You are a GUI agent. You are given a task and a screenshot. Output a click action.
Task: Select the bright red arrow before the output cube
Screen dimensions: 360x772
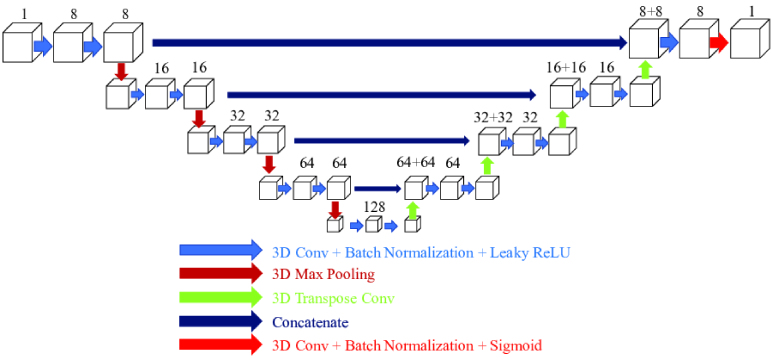tap(718, 43)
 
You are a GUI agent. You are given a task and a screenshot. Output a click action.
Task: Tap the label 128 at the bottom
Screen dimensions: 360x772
tap(375, 206)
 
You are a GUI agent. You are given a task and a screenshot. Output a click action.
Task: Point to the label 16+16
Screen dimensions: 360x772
tap(565, 66)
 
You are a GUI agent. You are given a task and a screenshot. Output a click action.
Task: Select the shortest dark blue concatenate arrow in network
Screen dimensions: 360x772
tap(375, 187)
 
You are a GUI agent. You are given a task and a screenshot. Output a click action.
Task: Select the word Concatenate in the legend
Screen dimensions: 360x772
tap(313, 321)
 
